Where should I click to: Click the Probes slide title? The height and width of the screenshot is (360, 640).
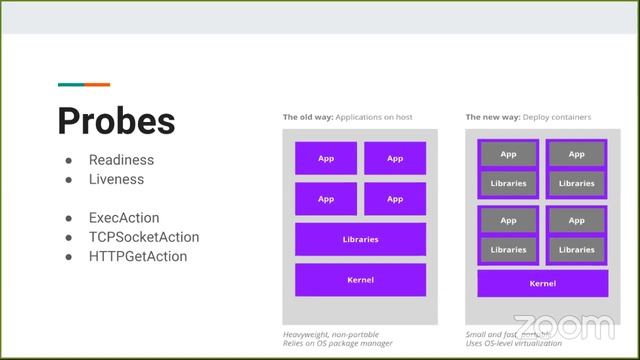click(x=116, y=120)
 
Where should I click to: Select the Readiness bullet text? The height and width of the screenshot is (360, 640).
click(x=121, y=160)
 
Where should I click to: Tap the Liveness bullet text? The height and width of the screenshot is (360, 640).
click(x=116, y=180)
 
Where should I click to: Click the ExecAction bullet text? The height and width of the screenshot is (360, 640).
click(x=124, y=218)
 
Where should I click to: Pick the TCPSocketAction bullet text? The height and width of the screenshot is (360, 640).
click(x=144, y=237)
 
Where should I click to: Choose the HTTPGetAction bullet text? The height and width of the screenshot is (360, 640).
click(x=138, y=256)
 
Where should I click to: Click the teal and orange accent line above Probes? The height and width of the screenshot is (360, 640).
click(x=84, y=85)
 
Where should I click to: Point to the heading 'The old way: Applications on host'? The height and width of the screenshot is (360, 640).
click(x=347, y=117)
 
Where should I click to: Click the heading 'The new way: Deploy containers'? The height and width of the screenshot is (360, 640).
click(x=528, y=117)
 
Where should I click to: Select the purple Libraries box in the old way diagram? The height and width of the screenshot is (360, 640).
click(x=360, y=240)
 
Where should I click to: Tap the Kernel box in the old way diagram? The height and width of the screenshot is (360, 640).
click(x=360, y=280)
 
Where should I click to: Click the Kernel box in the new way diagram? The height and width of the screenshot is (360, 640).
click(x=543, y=284)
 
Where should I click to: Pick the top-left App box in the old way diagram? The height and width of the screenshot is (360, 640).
click(x=326, y=158)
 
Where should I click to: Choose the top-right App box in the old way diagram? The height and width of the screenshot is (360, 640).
click(x=395, y=158)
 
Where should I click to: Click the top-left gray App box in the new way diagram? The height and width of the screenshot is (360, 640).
click(x=508, y=154)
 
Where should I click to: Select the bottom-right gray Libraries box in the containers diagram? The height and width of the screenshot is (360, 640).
click(x=577, y=250)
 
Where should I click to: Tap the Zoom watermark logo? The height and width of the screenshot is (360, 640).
click(x=566, y=326)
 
